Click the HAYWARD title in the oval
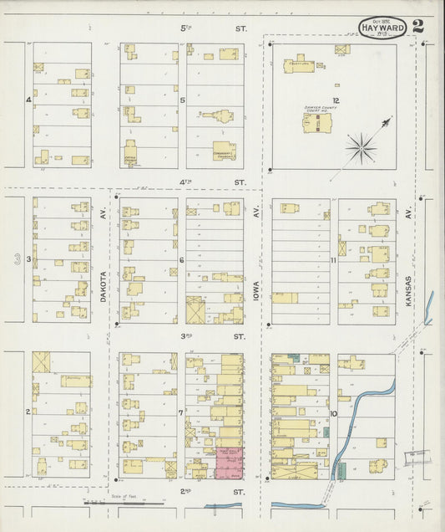[383, 29]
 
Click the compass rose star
[362, 149]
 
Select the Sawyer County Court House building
[316, 123]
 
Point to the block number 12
[337, 85]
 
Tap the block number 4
[28, 100]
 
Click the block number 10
[333, 413]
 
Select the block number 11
[332, 261]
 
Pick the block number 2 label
[28, 412]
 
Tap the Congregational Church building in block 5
[223, 151]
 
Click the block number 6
[181, 260]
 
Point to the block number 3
[28, 259]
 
